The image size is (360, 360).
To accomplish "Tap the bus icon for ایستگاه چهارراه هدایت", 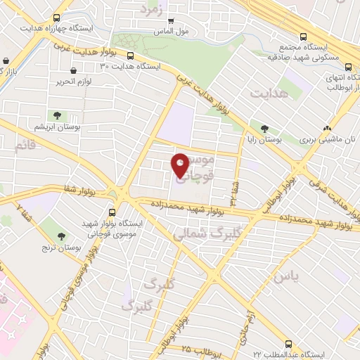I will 57,18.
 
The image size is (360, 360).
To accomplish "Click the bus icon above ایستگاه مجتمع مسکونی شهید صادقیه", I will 304,37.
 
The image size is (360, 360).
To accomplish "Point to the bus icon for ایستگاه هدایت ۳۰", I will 130,56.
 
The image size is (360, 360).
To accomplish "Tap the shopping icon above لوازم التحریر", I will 74,70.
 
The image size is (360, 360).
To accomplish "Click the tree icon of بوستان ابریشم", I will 56,115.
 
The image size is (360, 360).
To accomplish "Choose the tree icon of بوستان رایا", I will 264,129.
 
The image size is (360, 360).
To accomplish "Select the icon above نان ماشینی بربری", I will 327,129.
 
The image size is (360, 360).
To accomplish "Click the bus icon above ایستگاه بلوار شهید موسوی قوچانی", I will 113,211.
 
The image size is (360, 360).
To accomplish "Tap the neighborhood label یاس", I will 287,276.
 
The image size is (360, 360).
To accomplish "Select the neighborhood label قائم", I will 23,146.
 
